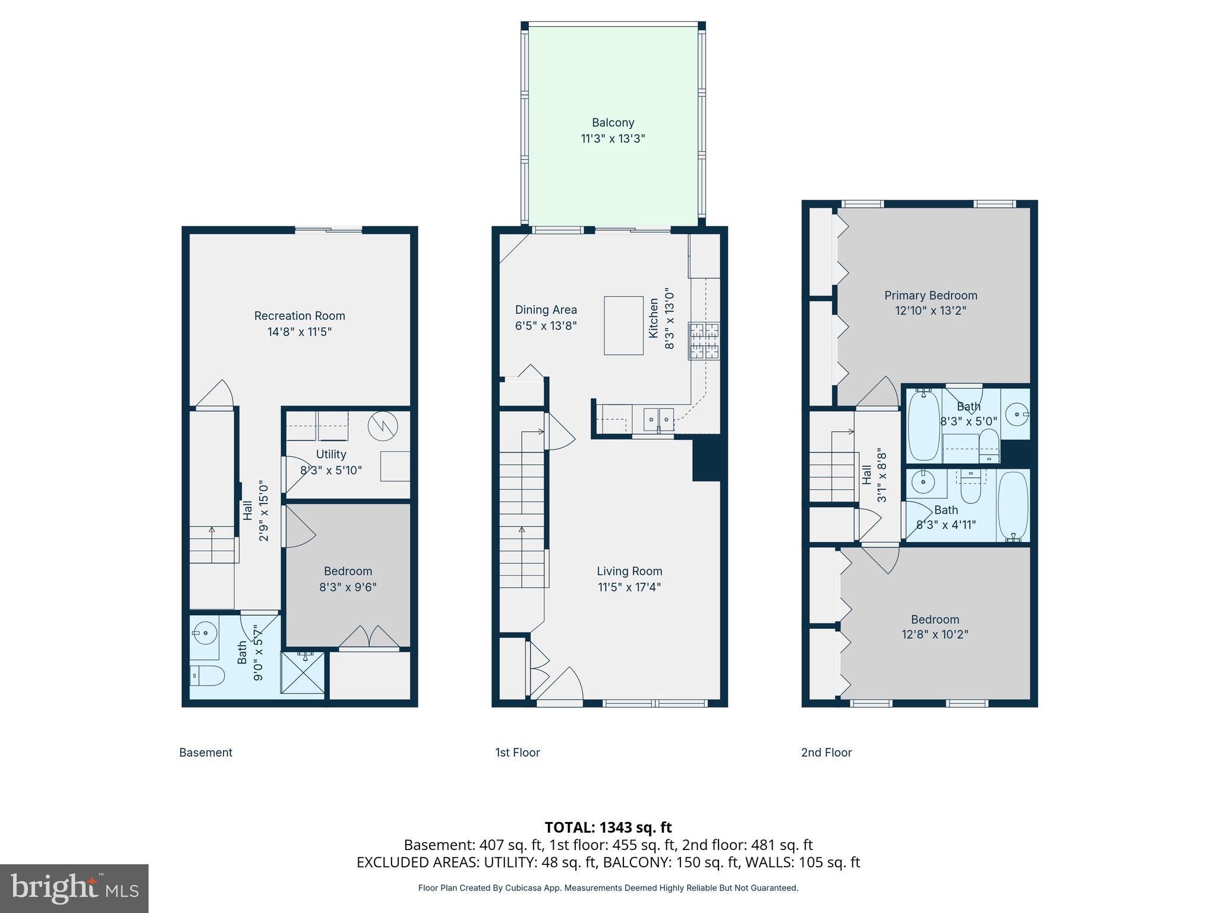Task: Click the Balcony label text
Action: [613, 122]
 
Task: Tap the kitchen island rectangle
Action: [623, 325]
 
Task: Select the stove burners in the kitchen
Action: [704, 341]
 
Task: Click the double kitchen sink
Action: [658, 419]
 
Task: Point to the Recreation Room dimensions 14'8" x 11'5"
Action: [299, 332]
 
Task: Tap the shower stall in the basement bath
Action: [303, 672]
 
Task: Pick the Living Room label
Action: [629, 571]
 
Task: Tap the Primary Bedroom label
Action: [930, 295]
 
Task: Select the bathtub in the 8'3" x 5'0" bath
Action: [923, 424]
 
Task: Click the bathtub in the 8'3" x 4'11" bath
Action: [1013, 505]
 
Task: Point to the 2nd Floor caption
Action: [826, 753]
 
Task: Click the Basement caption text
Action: [206, 753]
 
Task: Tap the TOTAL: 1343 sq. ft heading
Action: [608, 827]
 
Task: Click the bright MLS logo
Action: [74, 888]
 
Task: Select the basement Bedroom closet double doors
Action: [369, 637]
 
